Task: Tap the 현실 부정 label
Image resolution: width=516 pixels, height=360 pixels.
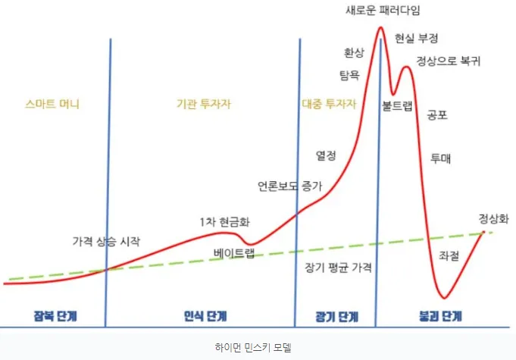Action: (x=417, y=38)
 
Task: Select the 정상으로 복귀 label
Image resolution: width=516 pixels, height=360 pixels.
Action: (x=449, y=61)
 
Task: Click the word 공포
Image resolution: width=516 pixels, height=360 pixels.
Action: (x=437, y=116)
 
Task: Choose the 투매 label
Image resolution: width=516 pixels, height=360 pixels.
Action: (x=440, y=158)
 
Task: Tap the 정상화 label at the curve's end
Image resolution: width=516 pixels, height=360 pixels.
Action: (x=493, y=219)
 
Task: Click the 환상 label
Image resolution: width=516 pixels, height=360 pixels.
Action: (x=354, y=52)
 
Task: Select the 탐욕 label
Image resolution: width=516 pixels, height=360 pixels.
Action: (x=349, y=76)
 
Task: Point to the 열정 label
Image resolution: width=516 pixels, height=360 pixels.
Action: (x=326, y=155)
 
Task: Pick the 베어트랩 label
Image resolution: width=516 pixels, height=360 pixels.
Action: (x=234, y=253)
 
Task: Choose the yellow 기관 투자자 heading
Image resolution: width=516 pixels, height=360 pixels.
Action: (x=199, y=105)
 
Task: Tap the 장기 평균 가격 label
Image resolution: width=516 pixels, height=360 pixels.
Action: (x=338, y=268)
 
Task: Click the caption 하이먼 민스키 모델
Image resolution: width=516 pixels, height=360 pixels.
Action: (x=258, y=348)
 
